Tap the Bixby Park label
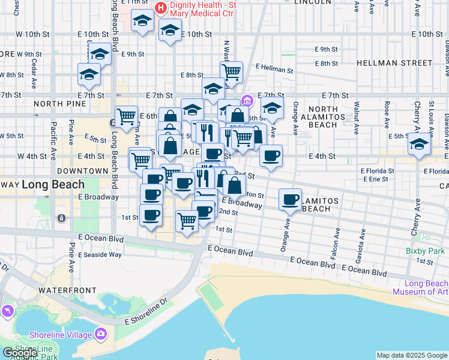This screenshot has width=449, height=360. (x=426, y=251)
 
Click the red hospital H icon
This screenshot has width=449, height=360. (x=160, y=8)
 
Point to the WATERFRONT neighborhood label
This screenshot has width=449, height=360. (x=67, y=290)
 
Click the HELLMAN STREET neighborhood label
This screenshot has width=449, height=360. (x=394, y=62)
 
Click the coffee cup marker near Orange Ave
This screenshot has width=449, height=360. (x=290, y=199)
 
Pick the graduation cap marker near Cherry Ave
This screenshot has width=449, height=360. (x=419, y=144)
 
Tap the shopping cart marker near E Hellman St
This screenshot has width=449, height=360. (x=231, y=71)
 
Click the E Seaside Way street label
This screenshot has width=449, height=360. (x=100, y=254)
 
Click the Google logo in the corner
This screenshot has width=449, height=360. (x=19, y=353)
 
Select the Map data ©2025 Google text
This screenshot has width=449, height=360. (x=411, y=355)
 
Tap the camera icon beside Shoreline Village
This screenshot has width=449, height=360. (x=100, y=333)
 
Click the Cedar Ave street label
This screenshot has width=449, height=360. (x=34, y=64)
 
